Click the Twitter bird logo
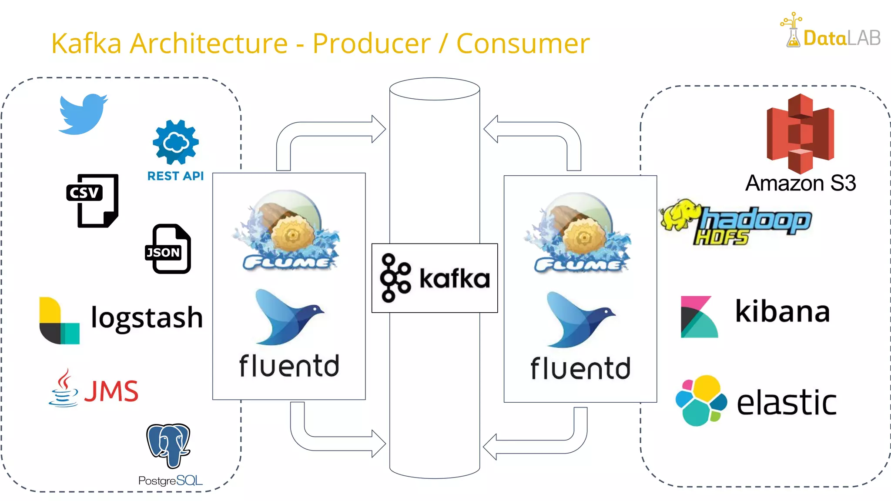(83, 114)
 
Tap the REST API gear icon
(176, 142)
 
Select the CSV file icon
(93, 200)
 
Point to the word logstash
(147, 318)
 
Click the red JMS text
(111, 391)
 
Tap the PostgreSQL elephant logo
(169, 445)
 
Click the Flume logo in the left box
(287, 230)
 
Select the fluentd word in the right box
(580, 368)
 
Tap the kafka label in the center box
(454, 278)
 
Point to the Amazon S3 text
(801, 183)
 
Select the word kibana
(782, 311)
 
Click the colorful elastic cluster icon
(701, 401)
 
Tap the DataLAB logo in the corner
(831, 31)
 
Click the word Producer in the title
(371, 43)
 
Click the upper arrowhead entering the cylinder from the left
(378, 129)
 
